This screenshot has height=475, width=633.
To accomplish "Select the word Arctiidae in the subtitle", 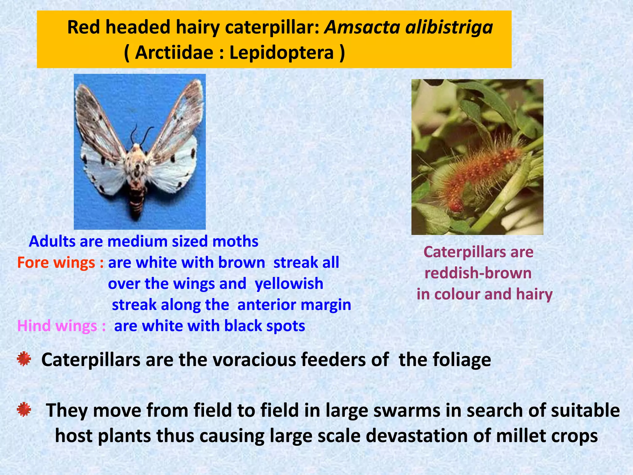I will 174,53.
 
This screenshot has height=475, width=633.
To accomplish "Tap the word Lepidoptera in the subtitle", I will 282,53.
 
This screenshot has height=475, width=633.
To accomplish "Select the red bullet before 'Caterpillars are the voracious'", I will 24,359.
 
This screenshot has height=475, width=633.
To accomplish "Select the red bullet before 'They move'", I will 24,410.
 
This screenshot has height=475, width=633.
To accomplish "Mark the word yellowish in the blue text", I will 289,284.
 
